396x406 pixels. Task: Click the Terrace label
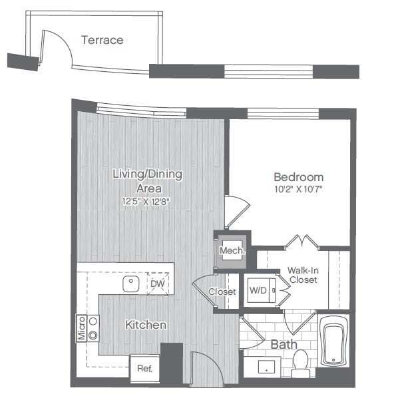click(x=102, y=40)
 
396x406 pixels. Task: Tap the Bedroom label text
click(x=299, y=177)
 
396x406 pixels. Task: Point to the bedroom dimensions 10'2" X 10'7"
click(x=299, y=189)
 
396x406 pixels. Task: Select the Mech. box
click(x=233, y=250)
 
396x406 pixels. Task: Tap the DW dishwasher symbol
click(x=157, y=284)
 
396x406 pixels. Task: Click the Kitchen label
click(x=146, y=325)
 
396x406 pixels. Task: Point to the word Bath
click(x=283, y=345)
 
